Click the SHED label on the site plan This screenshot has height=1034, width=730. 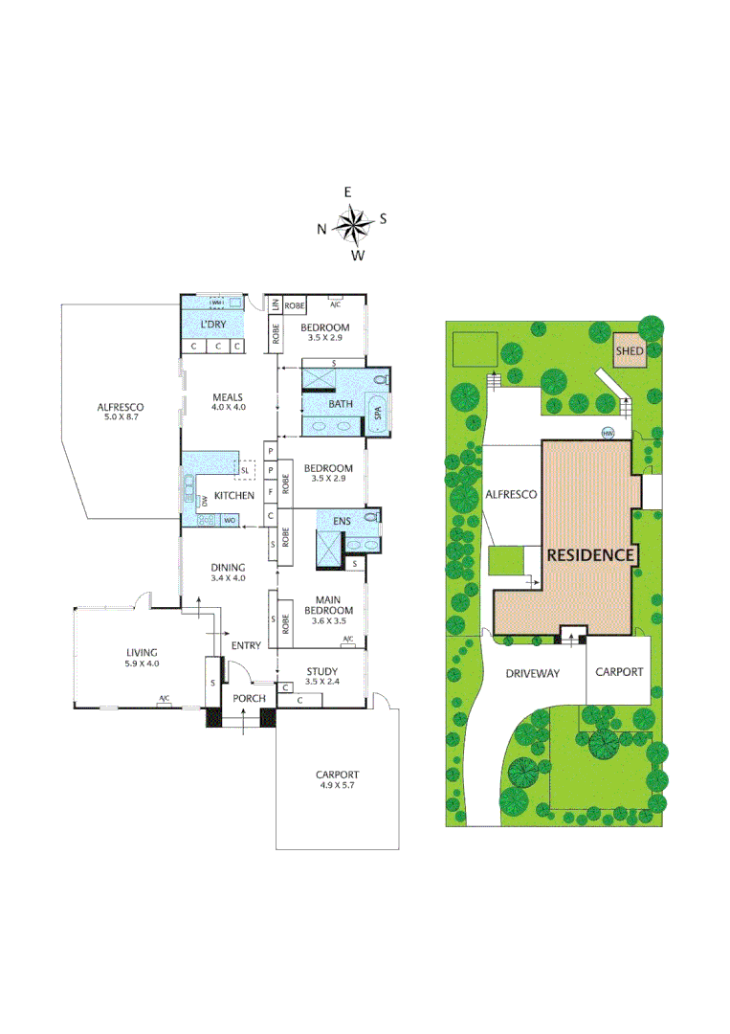click(630, 351)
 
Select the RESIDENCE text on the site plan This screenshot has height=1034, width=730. click(590, 554)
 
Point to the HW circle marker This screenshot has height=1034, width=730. click(608, 432)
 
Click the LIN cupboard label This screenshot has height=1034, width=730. click(275, 306)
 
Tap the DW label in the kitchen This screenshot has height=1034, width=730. click(204, 501)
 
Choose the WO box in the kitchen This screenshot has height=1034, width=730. click(229, 520)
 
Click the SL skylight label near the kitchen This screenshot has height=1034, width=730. click(245, 471)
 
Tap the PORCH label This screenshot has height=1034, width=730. click(249, 698)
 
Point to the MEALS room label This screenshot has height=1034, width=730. click(228, 397)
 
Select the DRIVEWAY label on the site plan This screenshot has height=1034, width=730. click(533, 673)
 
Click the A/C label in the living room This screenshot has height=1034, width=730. click(164, 699)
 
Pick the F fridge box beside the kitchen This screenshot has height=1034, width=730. click(271, 492)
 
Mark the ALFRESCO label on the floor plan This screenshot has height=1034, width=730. click(120, 407)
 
